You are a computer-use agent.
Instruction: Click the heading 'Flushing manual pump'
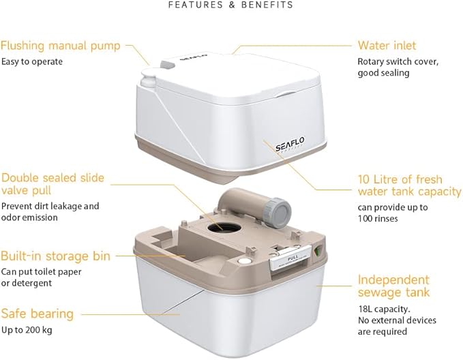[61, 46]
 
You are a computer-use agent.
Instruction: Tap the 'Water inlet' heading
[387, 46]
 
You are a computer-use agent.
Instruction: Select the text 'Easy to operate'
[32, 62]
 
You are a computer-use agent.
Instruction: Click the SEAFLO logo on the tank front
[290, 144]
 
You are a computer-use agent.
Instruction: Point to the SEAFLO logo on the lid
[194, 56]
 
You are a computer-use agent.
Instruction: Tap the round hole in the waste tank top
[224, 227]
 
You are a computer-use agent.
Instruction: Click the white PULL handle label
[291, 259]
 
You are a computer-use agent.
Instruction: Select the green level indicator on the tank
[318, 252]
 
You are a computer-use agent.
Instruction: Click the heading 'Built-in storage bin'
[55, 256]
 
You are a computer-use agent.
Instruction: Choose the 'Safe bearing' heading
[38, 314]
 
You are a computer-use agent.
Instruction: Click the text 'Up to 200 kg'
[27, 330]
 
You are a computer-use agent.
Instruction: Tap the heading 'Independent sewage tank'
[393, 286]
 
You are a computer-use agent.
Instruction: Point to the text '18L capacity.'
[384, 309]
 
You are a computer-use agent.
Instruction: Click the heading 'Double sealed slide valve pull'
[53, 184]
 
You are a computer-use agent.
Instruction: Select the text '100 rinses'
[378, 219]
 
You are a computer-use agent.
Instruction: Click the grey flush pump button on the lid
[168, 64]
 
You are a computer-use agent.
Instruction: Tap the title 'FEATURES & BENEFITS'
[230, 5]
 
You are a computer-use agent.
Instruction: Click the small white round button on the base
[243, 261]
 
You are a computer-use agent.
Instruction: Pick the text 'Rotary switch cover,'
[398, 62]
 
